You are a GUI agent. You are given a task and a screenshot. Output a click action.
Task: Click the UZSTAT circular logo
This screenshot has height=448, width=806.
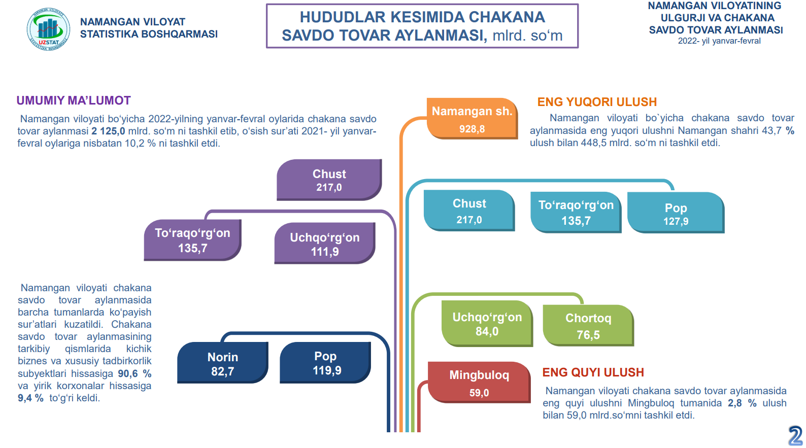pyautogui.click(x=48, y=29)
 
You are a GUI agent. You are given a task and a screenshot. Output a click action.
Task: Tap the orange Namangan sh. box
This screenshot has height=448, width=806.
pyautogui.click(x=472, y=119)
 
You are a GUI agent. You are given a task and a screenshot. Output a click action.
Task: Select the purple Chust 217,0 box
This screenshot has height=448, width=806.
pyautogui.click(x=329, y=180)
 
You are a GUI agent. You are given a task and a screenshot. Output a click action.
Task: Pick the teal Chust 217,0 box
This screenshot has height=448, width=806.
pyautogui.click(x=469, y=211)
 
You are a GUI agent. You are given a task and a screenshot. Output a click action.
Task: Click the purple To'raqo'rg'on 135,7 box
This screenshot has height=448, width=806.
pyautogui.click(x=192, y=240)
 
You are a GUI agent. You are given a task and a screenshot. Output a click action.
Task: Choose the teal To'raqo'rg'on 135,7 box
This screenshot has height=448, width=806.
pyautogui.click(x=576, y=212)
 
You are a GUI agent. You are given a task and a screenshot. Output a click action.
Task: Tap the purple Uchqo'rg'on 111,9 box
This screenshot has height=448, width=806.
pyautogui.click(x=324, y=244)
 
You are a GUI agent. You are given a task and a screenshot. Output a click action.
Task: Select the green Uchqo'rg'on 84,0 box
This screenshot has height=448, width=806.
pyautogui.click(x=487, y=324)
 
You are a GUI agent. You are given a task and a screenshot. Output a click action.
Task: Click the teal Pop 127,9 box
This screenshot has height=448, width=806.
pyautogui.click(x=676, y=213)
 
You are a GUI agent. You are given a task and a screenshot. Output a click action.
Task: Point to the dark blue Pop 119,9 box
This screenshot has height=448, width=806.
pyautogui.click(x=325, y=363)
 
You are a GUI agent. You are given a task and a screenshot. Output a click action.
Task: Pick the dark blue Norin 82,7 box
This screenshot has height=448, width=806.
pyautogui.click(x=222, y=363)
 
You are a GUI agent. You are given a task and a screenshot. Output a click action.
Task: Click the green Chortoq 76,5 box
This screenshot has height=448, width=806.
pyautogui.click(x=588, y=325)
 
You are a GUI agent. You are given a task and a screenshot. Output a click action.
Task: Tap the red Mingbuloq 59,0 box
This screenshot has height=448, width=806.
pyautogui.click(x=479, y=382)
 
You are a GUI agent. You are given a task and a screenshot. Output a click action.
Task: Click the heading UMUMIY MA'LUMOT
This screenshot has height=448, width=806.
pyautogui.click(x=74, y=100)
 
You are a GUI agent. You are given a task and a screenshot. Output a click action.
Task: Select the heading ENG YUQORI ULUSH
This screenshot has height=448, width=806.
pyautogui.click(x=597, y=102)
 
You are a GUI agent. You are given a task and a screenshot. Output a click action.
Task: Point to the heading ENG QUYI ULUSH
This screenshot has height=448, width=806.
pyautogui.click(x=593, y=372)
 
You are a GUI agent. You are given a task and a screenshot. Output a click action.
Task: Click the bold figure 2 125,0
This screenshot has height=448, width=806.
pyautogui.click(x=108, y=131)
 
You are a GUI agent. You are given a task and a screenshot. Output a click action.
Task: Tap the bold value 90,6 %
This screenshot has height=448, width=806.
pyautogui.click(x=135, y=374)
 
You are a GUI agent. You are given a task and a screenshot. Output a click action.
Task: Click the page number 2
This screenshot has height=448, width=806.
pyautogui.click(x=795, y=436)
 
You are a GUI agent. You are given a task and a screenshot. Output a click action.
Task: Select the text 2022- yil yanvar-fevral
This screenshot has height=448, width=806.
pyautogui.click(x=719, y=41)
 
